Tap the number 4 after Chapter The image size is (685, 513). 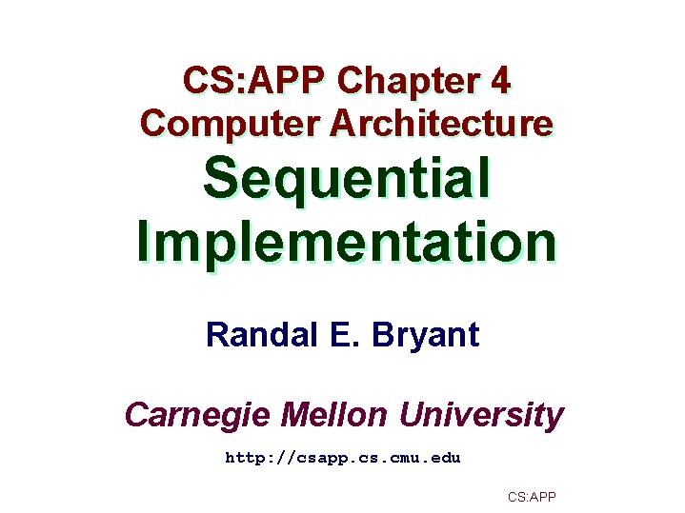[501, 82]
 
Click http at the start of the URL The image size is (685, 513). [244, 458]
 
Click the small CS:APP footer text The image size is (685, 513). [532, 497]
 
